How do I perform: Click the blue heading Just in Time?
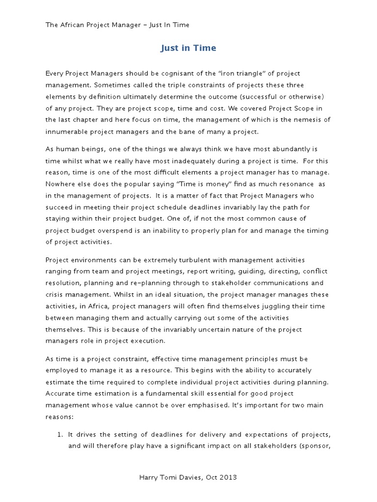point(188,48)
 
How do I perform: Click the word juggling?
point(283,307)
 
